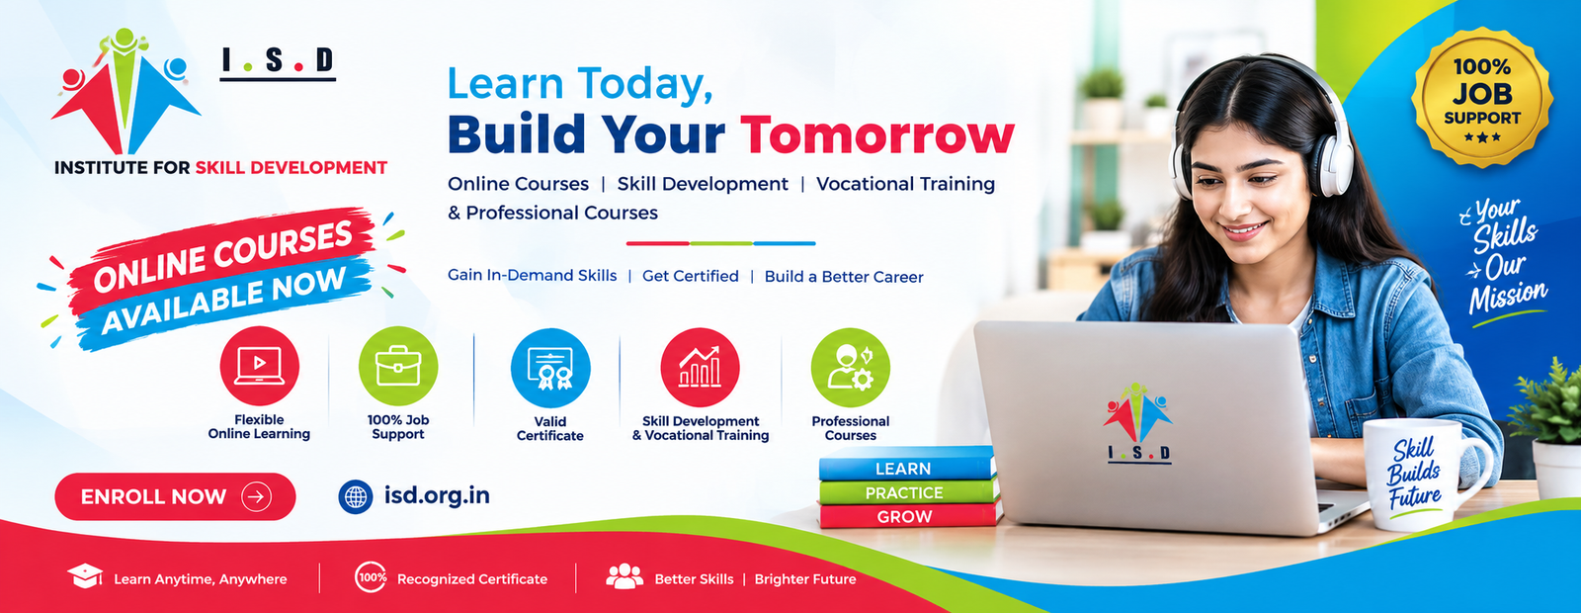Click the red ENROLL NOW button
click(x=175, y=496)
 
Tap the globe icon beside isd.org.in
click(x=356, y=496)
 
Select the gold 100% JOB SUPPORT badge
click(x=1481, y=98)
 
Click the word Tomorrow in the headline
click(x=877, y=134)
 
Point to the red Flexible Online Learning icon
click(x=259, y=366)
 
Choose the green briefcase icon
click(x=398, y=366)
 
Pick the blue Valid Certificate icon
click(x=550, y=368)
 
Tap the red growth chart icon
click(x=701, y=367)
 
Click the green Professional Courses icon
click(x=851, y=367)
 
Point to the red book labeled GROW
click(x=910, y=515)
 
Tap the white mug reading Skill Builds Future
click(x=1426, y=474)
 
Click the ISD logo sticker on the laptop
click(x=1137, y=423)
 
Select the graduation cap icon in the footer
click(x=85, y=576)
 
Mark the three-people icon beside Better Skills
click(x=624, y=576)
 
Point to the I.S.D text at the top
click(x=278, y=60)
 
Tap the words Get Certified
click(x=691, y=276)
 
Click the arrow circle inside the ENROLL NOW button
click(x=256, y=496)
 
